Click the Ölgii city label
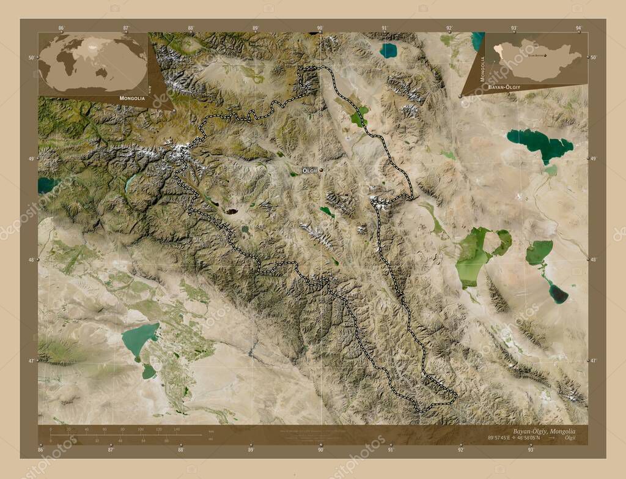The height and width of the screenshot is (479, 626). [x=309, y=170]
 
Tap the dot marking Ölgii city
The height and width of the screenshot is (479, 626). [x=320, y=170]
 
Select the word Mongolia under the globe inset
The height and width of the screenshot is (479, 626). [x=132, y=98]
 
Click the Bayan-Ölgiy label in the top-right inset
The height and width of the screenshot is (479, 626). [x=504, y=88]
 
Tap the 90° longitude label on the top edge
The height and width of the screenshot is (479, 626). [x=320, y=28]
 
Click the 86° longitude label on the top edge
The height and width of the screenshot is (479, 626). [x=61, y=28]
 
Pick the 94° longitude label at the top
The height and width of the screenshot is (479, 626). [x=578, y=28]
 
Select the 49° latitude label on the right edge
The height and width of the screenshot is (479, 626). [x=592, y=158]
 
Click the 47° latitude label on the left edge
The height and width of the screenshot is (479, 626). [x=34, y=361]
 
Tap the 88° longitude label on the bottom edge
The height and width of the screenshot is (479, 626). [x=181, y=450]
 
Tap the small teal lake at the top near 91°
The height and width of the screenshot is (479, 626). [x=388, y=50]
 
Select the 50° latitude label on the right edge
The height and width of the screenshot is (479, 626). [x=592, y=58]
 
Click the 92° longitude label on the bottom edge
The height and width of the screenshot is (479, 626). [x=460, y=450]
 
